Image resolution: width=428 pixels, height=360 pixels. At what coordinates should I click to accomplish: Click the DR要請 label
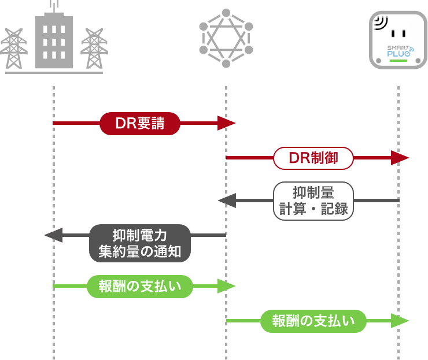tap(139, 123)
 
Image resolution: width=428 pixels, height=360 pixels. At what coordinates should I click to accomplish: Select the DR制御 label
tap(313, 158)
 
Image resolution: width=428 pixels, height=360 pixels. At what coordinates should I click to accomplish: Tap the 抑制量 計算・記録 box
tap(313, 200)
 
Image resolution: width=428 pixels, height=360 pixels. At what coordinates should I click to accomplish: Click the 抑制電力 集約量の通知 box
tap(140, 243)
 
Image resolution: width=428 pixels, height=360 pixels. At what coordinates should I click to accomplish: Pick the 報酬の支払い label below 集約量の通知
tap(139, 285)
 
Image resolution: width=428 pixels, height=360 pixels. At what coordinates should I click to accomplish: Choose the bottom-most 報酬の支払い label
tap(313, 321)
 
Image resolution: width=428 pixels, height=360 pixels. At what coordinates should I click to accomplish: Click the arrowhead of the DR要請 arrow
tap(227, 123)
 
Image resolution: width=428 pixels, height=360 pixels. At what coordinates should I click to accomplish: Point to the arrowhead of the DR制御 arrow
tap(400, 158)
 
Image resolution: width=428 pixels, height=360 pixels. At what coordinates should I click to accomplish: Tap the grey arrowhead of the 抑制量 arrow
tap(226, 201)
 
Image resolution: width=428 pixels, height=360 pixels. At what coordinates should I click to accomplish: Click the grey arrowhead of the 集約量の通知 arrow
tap(53, 235)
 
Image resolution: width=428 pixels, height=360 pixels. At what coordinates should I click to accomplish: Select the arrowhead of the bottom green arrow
tap(400, 321)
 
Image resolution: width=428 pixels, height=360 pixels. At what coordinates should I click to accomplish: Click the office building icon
tap(54, 40)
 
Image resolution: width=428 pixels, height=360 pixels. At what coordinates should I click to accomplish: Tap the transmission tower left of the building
tap(15, 49)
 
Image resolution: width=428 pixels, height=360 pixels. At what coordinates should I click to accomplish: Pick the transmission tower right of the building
tap(94, 49)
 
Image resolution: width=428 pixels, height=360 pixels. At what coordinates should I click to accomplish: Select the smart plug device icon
tap(398, 40)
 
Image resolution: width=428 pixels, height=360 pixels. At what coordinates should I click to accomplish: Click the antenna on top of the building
tap(54, 6)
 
